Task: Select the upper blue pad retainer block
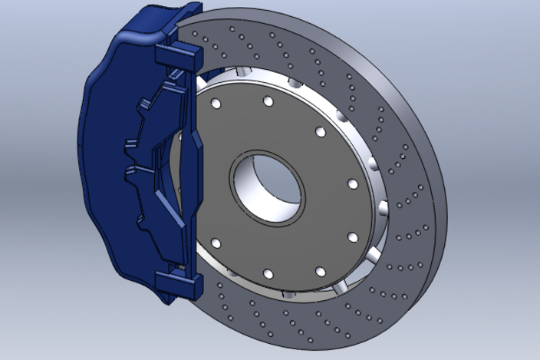click(178, 54)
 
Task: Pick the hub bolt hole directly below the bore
click(268, 274)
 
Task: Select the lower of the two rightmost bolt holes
click(353, 236)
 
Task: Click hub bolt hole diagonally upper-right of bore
click(320, 131)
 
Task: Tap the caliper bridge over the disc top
click(146, 27)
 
